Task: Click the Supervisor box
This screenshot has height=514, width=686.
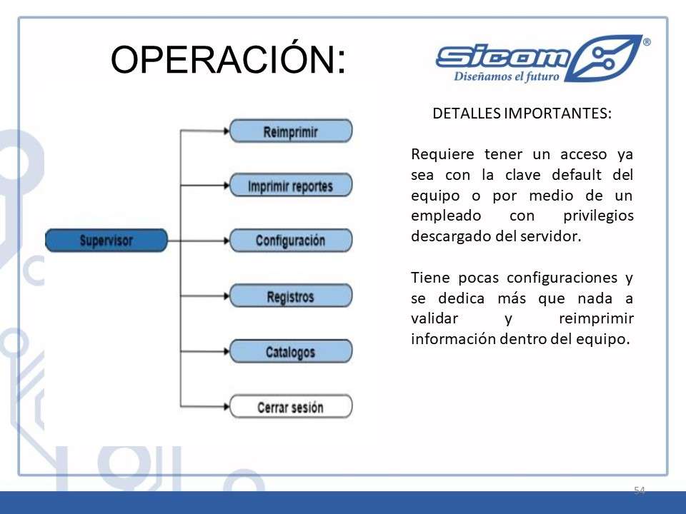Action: click(x=106, y=241)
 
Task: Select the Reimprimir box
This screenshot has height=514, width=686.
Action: click(x=291, y=131)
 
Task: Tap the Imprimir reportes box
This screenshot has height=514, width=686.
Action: click(x=291, y=186)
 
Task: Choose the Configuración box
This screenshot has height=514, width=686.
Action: click(x=291, y=241)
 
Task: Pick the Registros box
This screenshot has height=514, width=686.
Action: click(x=291, y=296)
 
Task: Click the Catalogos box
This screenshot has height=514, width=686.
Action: click(x=291, y=351)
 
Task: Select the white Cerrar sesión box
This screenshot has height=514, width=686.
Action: click(x=291, y=407)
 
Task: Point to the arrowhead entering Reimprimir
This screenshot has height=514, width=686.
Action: click(x=227, y=131)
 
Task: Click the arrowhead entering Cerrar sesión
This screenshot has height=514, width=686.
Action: click(x=227, y=407)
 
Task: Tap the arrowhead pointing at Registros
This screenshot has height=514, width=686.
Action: click(x=227, y=296)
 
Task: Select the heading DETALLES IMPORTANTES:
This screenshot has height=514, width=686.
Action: click(x=522, y=114)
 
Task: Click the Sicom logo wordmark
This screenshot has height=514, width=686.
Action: click(x=503, y=57)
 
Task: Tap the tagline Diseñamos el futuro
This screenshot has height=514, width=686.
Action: click(x=507, y=77)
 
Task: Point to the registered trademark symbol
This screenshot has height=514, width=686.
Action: click(x=647, y=42)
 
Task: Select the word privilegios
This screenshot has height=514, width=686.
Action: click(x=598, y=216)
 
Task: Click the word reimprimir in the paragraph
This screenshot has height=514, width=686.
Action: click(x=596, y=318)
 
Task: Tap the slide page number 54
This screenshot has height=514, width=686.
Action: click(x=639, y=490)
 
